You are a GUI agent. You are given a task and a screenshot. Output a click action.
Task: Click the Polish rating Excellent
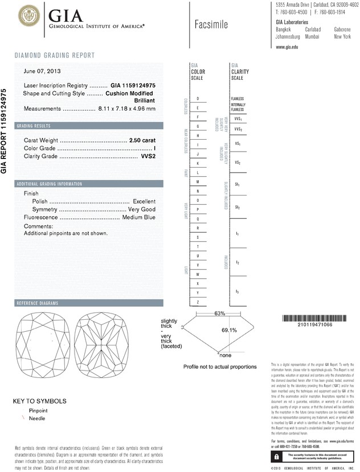(144, 201)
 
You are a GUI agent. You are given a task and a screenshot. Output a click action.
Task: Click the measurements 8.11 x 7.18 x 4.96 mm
(126, 108)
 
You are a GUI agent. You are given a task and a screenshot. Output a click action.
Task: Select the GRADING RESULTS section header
(34, 125)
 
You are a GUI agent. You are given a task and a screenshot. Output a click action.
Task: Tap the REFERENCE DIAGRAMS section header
(39, 302)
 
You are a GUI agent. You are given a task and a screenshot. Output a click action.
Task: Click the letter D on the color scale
(198, 99)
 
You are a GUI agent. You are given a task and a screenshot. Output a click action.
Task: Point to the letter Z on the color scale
(198, 302)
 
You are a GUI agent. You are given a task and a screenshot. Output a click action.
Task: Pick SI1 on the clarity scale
(237, 185)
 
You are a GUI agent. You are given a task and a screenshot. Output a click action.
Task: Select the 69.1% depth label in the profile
(212, 329)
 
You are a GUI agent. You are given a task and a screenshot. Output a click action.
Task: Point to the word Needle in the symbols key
(37, 418)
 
